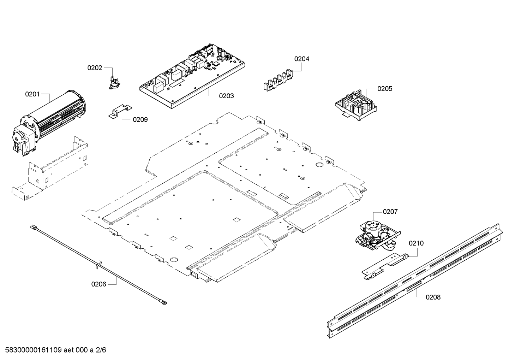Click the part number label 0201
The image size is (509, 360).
[x=32, y=94]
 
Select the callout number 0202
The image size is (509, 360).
[x=95, y=68]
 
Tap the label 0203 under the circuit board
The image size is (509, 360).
[x=226, y=96]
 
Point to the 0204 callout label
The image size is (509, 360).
[x=302, y=59]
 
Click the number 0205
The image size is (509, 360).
[x=385, y=89]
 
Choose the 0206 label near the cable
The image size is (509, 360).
[x=98, y=284]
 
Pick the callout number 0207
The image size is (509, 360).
[x=390, y=212]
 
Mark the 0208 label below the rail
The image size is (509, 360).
[x=433, y=297]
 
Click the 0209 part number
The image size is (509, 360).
[x=140, y=120]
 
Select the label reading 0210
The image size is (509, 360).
[x=416, y=243]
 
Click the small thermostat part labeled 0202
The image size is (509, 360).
[x=114, y=82]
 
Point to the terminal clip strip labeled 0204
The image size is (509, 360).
[x=278, y=81]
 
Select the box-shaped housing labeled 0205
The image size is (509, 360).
[x=355, y=105]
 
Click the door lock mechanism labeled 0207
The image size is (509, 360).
[x=378, y=236]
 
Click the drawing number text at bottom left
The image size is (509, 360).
[x=55, y=350]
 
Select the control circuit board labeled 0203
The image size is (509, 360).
[x=192, y=76]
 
